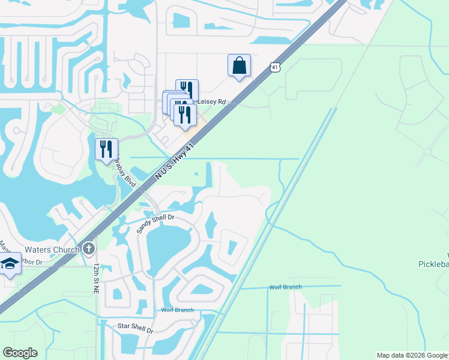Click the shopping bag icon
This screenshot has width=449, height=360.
239,65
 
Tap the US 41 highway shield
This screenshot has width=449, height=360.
274,68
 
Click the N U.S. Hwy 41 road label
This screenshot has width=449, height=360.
176,161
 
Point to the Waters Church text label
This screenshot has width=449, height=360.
52,250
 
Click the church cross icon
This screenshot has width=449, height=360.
89,248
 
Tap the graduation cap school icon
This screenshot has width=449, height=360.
10,263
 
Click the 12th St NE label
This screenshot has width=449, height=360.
96,278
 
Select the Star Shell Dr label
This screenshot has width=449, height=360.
136,330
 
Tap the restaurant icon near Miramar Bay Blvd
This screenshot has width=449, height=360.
106,149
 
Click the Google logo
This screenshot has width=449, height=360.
20,353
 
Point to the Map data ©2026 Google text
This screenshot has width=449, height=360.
412,355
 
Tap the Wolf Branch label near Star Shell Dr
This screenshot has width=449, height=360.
177,310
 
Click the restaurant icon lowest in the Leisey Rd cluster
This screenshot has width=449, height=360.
184,114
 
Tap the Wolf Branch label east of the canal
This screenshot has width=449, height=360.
285,287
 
